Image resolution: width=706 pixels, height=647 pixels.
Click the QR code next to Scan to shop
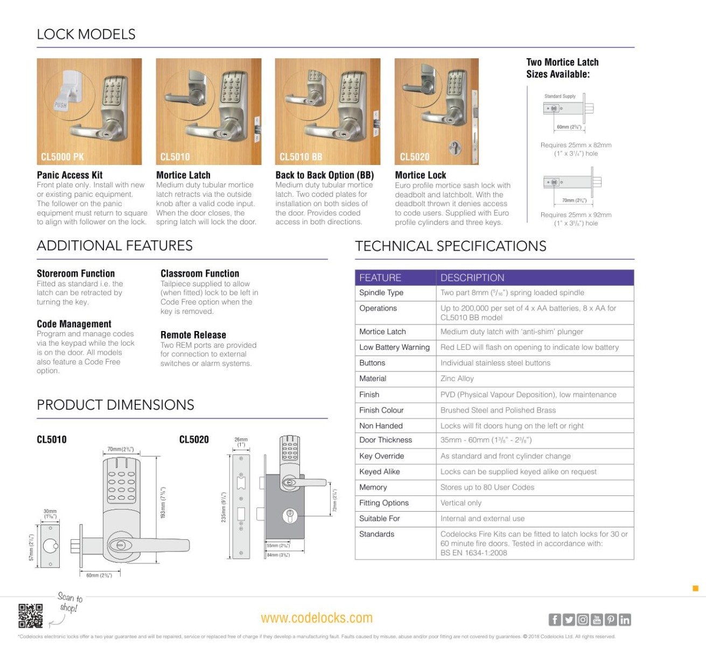click(x=30, y=616)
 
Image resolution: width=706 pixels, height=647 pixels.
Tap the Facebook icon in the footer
click(x=554, y=620)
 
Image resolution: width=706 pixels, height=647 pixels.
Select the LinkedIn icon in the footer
click(x=624, y=620)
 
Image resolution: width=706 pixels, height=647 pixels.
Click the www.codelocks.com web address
click(x=317, y=618)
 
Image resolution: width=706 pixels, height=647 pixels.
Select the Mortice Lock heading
click(x=420, y=175)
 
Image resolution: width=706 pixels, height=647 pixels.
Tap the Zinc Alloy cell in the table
click(x=457, y=378)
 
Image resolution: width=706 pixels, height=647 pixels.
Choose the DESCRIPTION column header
click(x=472, y=278)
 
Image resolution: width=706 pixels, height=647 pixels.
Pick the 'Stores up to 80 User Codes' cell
click(x=487, y=487)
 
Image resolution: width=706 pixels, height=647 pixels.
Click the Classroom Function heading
click(x=199, y=273)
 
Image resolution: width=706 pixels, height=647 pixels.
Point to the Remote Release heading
click(x=193, y=335)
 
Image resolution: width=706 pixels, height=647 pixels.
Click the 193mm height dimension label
click(x=163, y=503)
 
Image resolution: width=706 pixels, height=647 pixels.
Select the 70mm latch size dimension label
click(x=574, y=201)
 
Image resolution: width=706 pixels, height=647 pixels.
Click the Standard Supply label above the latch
click(x=560, y=97)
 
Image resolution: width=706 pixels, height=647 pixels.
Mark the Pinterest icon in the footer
click(x=610, y=620)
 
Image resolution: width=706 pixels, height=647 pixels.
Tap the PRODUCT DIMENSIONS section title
click(x=115, y=405)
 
